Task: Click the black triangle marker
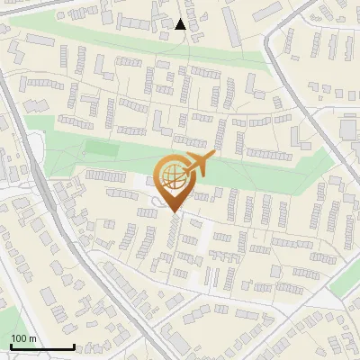181,24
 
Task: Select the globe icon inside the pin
173,179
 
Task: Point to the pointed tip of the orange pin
174,213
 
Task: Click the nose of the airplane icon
212,158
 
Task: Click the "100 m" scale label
23,338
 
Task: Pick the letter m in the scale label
31,338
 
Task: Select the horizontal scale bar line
41,347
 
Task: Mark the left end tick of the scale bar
10,346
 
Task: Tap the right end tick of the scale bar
73,346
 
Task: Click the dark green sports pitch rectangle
102,148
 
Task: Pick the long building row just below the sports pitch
105,175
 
